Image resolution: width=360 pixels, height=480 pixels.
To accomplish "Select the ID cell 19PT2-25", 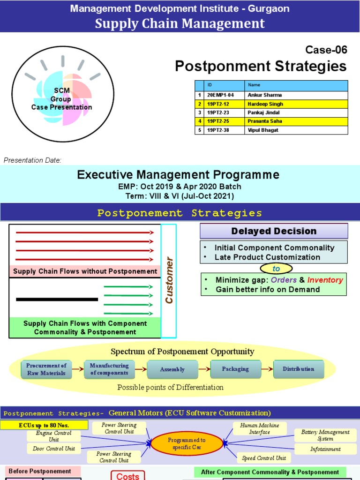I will pyautogui.click(x=218, y=121).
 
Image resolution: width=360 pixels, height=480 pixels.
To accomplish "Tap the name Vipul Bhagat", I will pyautogui.click(x=262, y=130).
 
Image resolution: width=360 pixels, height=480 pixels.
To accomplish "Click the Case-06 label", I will pyautogui.click(x=326, y=50).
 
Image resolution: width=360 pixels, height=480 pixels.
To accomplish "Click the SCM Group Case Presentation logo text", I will pyautogui.click(x=61, y=99).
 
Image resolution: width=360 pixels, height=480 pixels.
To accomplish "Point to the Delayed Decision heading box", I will pyautogui.click(x=274, y=231).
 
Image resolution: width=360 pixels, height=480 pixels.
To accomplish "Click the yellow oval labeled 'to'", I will pyautogui.click(x=276, y=268).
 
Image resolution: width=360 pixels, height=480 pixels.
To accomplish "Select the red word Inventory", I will pyautogui.click(x=325, y=280).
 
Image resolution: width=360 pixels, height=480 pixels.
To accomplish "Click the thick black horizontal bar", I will pyautogui.click(x=57, y=299).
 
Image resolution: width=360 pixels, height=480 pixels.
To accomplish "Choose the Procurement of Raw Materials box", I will pyautogui.click(x=46, y=369).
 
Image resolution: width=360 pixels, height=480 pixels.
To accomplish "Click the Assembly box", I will pyautogui.click(x=172, y=369).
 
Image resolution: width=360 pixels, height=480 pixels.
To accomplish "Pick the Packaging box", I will pyautogui.click(x=235, y=369).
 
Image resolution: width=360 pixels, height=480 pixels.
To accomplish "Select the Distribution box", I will pyautogui.click(x=298, y=369).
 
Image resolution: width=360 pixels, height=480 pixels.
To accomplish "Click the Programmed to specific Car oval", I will pyautogui.click(x=187, y=443).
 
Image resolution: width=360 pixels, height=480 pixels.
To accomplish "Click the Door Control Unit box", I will pyautogui.click(x=54, y=449).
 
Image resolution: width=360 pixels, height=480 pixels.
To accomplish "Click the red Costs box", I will pyautogui.click(x=127, y=476).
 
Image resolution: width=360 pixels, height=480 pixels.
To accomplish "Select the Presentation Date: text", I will pyautogui.click(x=32, y=160).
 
